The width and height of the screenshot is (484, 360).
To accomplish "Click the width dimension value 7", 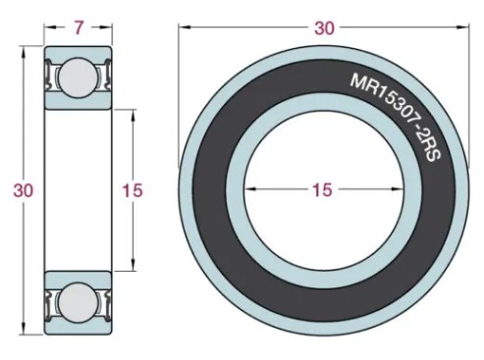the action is pos(79,27).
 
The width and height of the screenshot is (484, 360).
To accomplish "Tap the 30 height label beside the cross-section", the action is pos(24,190).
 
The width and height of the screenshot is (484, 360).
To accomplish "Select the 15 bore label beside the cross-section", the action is pos(133,190).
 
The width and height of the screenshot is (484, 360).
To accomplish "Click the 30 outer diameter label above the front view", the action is pos(325,28).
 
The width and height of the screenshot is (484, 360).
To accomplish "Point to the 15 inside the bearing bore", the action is pos(322,189).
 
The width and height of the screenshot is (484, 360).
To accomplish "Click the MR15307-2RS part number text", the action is pos(397,117).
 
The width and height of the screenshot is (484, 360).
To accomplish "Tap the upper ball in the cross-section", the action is pos(78,77).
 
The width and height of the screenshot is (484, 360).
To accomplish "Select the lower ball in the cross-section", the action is pos(78,302).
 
